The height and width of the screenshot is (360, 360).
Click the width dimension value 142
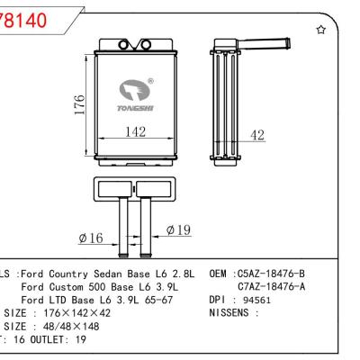click(135, 130)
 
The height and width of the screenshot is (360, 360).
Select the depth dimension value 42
click(257, 135)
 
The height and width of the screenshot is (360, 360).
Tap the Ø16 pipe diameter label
click(93, 238)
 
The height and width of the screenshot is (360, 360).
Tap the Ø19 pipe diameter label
click(178, 230)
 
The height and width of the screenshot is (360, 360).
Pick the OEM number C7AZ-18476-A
click(271, 286)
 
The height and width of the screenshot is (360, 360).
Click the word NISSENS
click(228, 313)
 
